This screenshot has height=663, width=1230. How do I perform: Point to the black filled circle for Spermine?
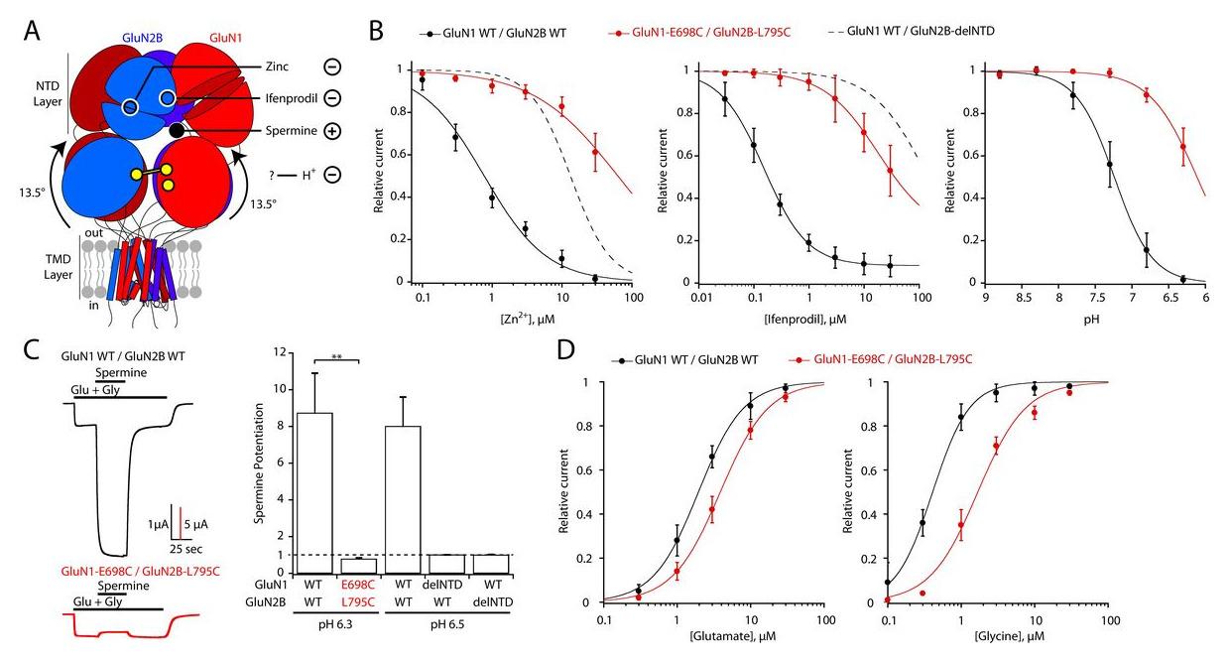tap(177, 130)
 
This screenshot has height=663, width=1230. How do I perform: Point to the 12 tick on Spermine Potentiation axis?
tap(280, 352)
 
